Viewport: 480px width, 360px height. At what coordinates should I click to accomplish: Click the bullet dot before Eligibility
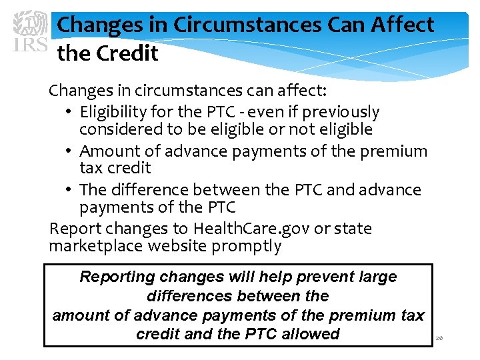pos(69,113)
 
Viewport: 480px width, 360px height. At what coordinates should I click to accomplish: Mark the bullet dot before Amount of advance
pos(69,151)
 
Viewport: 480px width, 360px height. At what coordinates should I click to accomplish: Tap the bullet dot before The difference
pos(69,190)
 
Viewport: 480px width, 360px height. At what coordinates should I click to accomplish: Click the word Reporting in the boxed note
pos(117,277)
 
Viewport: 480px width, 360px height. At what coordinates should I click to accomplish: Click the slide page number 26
pos(439,339)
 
